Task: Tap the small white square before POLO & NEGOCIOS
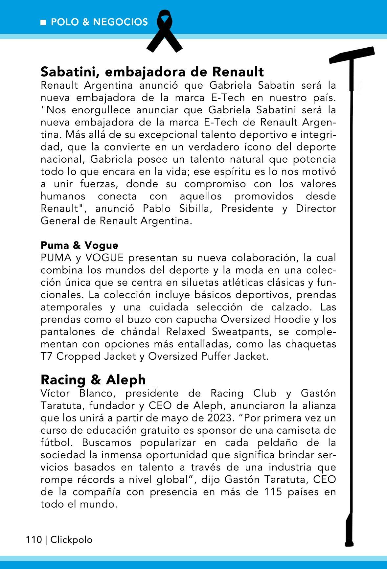pos(43,22)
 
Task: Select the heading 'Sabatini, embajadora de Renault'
pos(152,71)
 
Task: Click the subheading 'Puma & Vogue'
pos(79,245)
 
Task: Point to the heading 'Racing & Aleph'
pos(93,379)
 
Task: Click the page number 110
pos(34,540)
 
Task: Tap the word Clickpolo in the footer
pos(71,540)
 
